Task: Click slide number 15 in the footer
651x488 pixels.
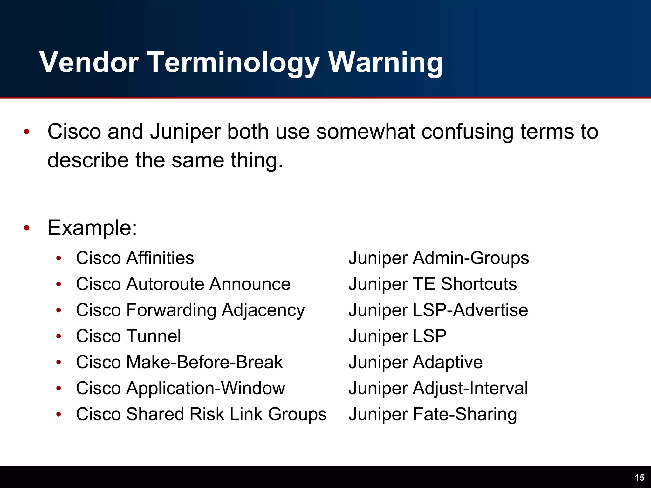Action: point(639,478)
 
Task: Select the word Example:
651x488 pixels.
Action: point(92,227)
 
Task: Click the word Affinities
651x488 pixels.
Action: point(160,258)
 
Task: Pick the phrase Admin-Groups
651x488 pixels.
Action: point(471,258)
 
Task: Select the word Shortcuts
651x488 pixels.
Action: point(479,284)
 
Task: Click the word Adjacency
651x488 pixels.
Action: point(263,310)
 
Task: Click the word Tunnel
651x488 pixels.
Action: point(154,336)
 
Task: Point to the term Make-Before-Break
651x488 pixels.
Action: point(204,362)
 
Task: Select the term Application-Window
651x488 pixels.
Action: point(206,388)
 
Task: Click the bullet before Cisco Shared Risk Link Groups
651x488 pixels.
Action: point(58,414)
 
